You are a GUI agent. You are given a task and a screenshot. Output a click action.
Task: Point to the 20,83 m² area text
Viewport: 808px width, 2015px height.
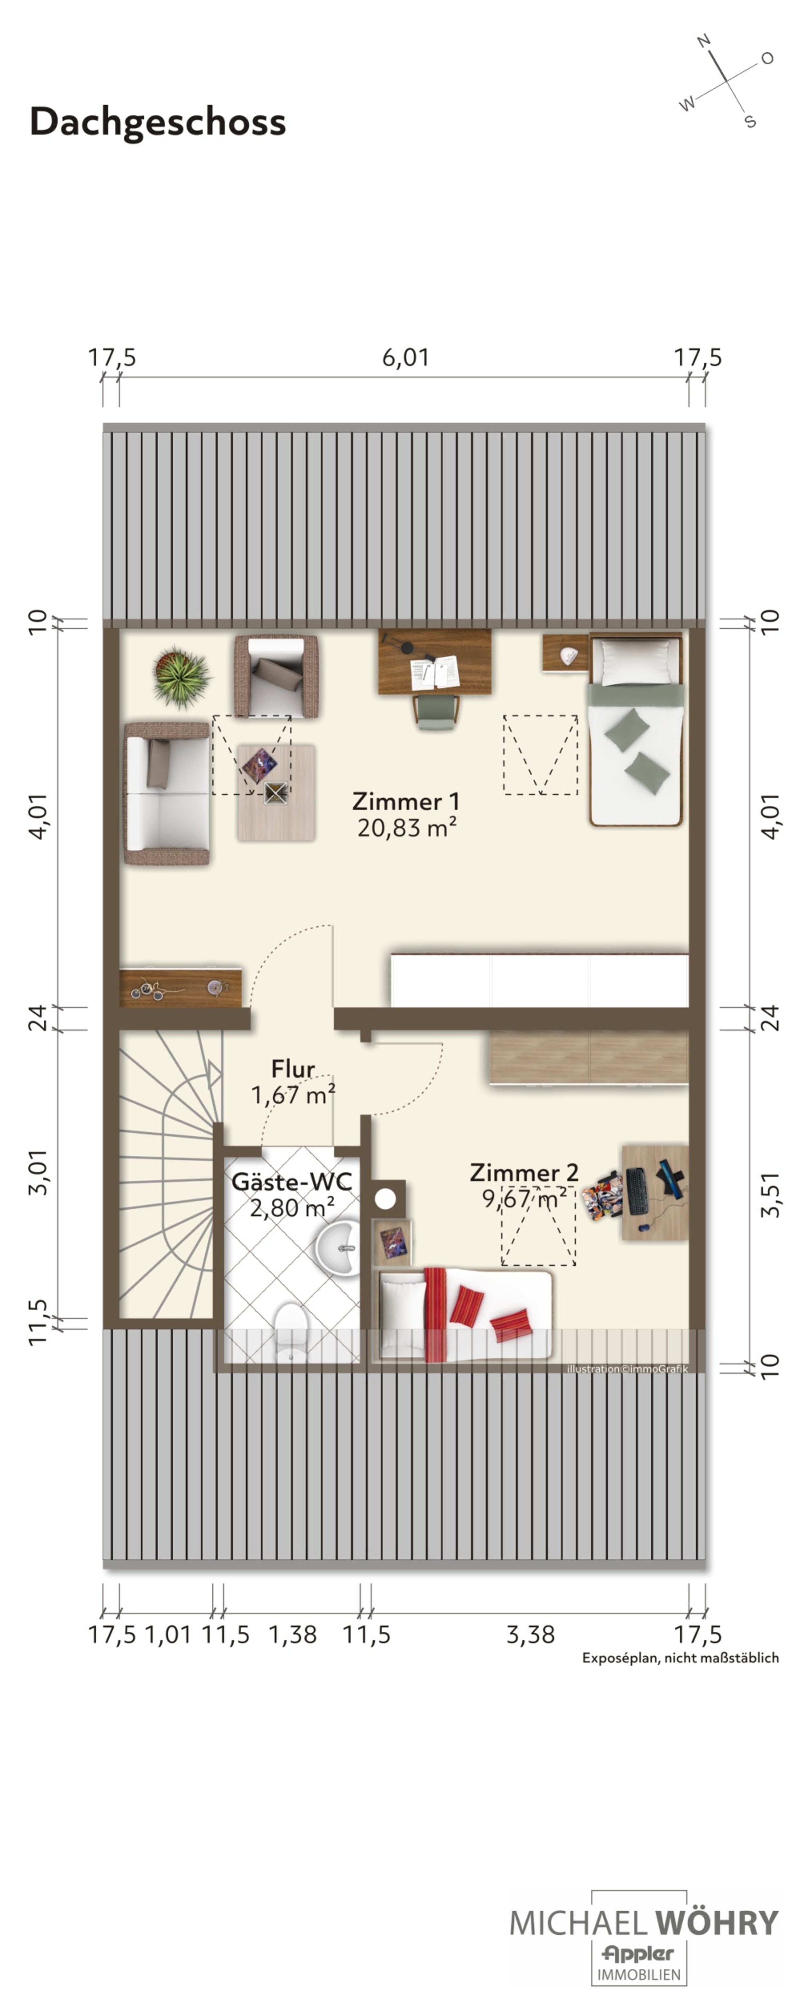pyautogui.click(x=407, y=828)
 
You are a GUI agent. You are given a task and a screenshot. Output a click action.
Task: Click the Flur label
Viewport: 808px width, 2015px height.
pyautogui.click(x=293, y=1068)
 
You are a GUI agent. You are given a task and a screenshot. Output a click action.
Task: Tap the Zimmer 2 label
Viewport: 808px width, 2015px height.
pyautogui.click(x=524, y=1172)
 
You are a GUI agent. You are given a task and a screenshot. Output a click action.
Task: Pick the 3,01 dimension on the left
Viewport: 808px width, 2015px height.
pyautogui.click(x=37, y=1172)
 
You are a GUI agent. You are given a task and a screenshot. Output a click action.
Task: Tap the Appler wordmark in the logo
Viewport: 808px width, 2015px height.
pyautogui.click(x=638, y=1953)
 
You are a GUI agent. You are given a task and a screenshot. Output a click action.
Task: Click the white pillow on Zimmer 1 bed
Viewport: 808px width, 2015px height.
pyautogui.click(x=635, y=661)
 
